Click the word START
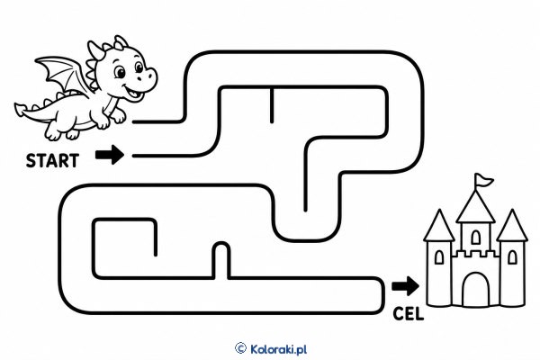click(x=53, y=161)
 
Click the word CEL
click(x=408, y=314)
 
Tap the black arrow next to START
click(x=110, y=155)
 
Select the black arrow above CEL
click(x=405, y=285)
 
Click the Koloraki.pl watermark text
click(x=278, y=349)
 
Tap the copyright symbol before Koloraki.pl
click(x=240, y=348)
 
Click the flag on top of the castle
click(x=483, y=180)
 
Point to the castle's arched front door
click(x=475, y=290)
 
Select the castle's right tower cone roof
click(x=512, y=225)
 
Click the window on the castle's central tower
click(x=475, y=237)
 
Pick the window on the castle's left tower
click(x=439, y=257)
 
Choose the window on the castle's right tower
click(x=512, y=257)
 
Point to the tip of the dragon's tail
click(x=17, y=107)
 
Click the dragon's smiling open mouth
click(x=133, y=92)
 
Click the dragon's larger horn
click(x=95, y=50)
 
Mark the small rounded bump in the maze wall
click(x=221, y=246)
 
